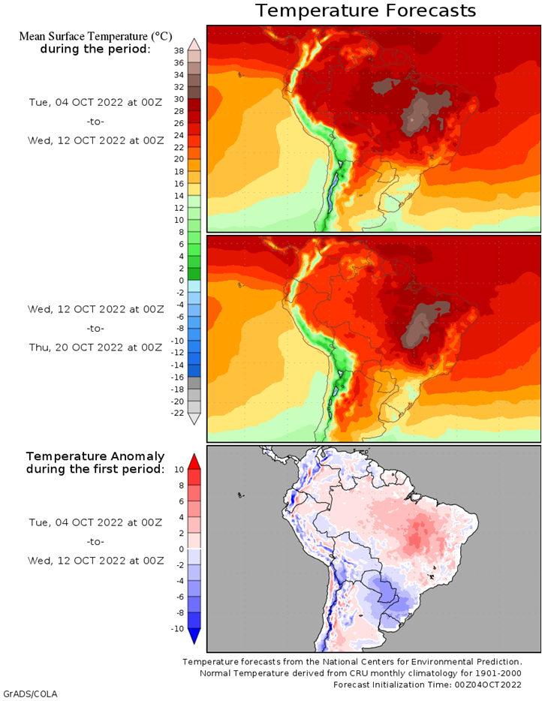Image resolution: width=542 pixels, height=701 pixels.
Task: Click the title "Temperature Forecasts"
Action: point(365,11)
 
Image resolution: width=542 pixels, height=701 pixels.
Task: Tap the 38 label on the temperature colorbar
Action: point(179,50)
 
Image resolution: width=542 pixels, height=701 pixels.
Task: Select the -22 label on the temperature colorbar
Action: point(177,413)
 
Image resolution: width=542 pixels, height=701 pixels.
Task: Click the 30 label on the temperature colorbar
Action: point(179,99)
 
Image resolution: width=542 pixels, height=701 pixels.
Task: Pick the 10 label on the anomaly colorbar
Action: point(179,469)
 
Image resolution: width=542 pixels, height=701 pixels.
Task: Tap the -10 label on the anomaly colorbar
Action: point(177,628)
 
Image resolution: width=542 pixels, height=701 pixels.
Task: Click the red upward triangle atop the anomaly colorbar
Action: point(194,461)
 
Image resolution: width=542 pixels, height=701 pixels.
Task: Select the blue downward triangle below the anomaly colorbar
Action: point(194,636)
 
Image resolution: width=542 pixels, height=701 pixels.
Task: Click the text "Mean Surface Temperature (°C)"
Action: point(95,36)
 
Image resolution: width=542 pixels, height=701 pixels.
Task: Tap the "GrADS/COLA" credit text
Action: point(30,693)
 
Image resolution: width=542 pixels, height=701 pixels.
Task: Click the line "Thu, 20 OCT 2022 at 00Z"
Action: point(95,347)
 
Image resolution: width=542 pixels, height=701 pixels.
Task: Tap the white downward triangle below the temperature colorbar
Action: point(194,419)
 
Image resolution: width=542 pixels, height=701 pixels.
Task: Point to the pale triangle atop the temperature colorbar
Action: point(194,44)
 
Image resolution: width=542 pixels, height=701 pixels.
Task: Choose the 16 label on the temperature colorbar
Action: point(179,183)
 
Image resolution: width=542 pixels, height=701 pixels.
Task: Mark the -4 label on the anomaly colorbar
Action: point(179,581)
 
